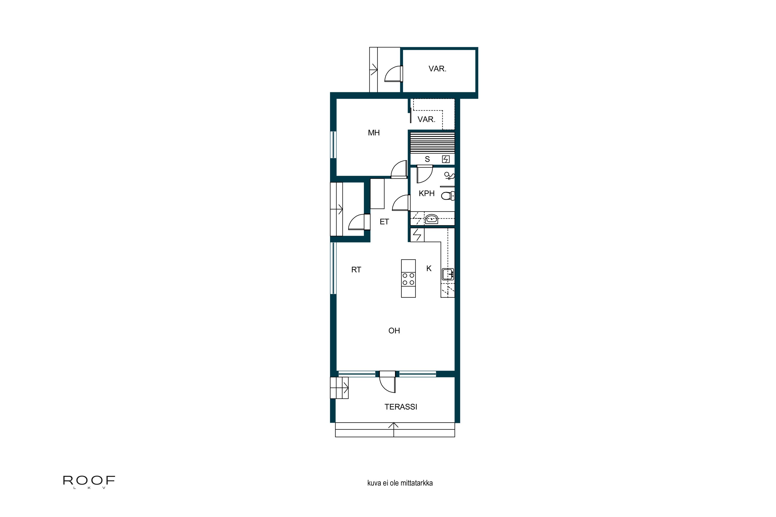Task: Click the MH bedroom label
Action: pos(374,133)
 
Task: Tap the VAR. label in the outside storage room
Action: pos(437,69)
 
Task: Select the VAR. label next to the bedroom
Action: pos(426,119)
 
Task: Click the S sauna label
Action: pos(427,159)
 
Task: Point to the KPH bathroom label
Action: pos(426,194)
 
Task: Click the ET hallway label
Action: pos(384,222)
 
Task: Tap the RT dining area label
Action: pos(356,270)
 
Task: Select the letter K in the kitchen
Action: pos(429,268)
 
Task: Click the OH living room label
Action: pos(394,331)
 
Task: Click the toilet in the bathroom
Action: pos(448,196)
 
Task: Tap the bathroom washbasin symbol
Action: pos(431,219)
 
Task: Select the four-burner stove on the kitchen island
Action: pos(408,279)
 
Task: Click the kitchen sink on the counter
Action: pos(448,274)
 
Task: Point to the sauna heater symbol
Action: pos(445,159)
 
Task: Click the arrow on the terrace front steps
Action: pos(393,426)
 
